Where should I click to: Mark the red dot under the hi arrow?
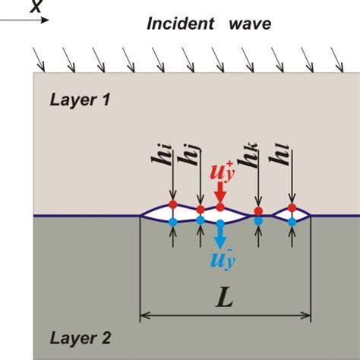coord(172,204)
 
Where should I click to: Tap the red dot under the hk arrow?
coord(258,210)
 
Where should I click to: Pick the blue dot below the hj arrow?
coord(201,221)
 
